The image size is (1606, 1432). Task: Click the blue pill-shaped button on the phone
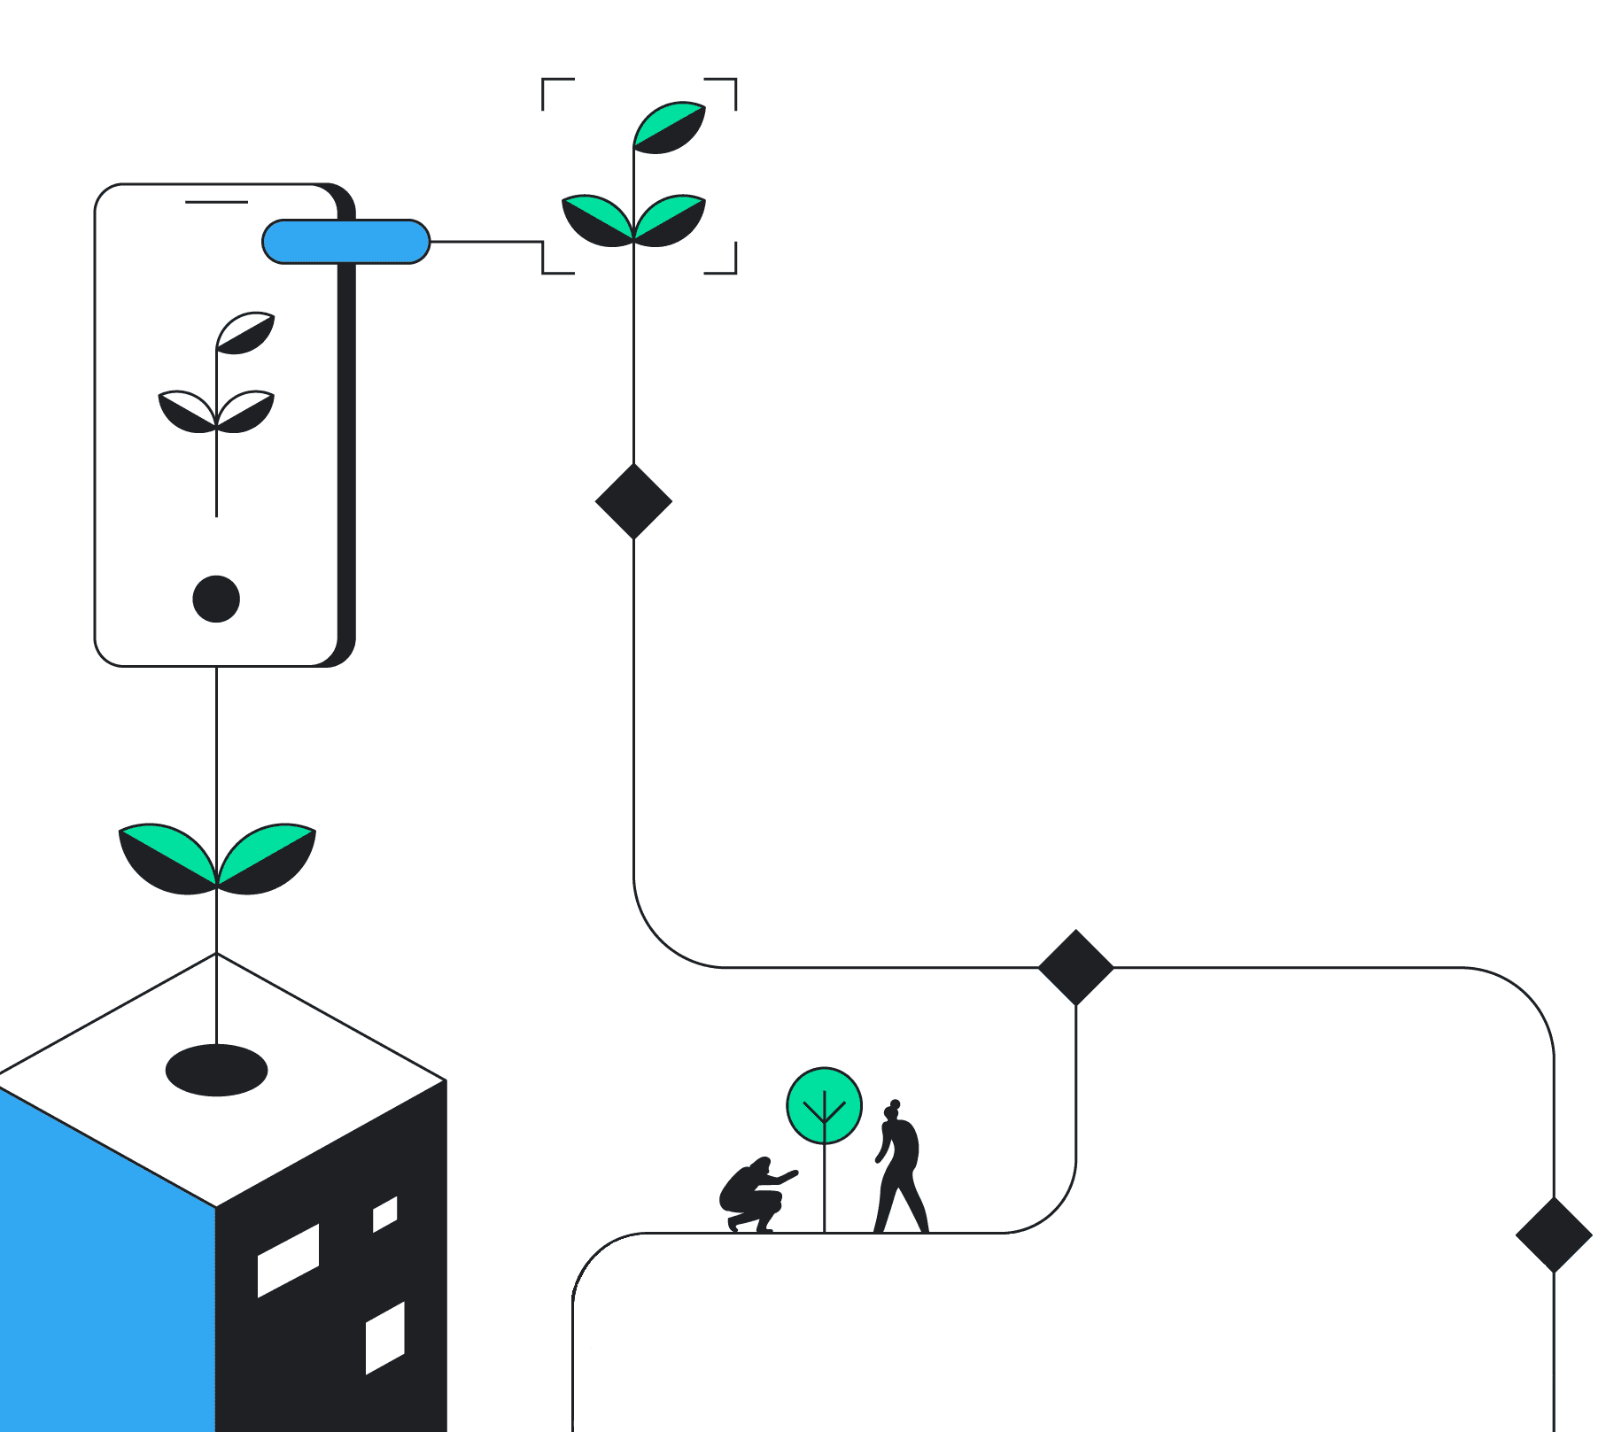click(345, 242)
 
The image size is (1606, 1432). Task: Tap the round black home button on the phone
click(216, 599)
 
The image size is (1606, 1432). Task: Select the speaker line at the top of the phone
click(216, 202)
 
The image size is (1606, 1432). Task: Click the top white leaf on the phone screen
click(246, 332)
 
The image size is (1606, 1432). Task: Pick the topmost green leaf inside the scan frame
click(671, 127)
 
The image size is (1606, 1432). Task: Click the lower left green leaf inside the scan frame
click(598, 220)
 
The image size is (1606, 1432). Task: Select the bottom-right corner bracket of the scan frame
click(727, 265)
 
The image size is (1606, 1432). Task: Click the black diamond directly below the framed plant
click(633, 501)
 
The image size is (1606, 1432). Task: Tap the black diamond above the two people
click(1075, 967)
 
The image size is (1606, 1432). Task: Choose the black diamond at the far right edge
click(1554, 1235)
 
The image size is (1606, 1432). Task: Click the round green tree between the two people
click(824, 1105)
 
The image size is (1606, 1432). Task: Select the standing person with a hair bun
click(900, 1169)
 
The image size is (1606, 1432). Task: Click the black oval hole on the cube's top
click(216, 1070)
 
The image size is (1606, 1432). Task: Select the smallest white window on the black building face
click(384, 1214)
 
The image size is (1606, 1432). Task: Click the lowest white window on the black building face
click(385, 1337)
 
